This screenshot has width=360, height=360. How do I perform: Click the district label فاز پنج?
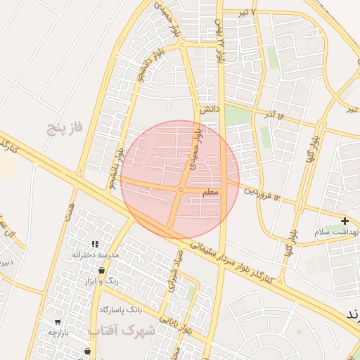coord(65,127)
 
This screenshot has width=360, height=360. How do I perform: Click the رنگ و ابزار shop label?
coord(100,281)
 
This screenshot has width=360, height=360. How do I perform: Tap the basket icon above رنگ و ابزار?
coord(102,270)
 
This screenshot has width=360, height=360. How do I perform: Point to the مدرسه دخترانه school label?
coord(96,254)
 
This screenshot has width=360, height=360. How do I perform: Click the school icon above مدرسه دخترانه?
coord(96,243)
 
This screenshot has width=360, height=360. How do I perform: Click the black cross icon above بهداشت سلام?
coord(344,221)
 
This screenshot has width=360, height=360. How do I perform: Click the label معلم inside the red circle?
coord(210,192)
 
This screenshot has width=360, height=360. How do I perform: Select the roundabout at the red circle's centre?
coord(181,189)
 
